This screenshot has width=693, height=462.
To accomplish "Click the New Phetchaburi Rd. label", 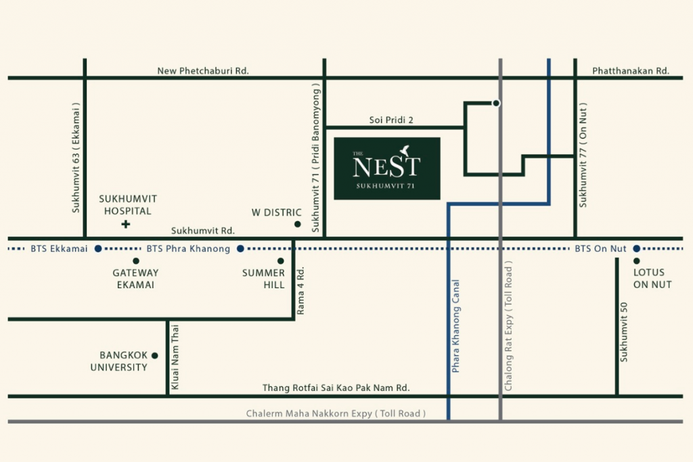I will pyautogui.click(x=204, y=70).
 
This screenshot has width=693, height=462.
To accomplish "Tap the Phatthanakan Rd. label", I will pyautogui.click(x=630, y=70).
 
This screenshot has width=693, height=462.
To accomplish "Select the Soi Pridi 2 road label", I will pyautogui.click(x=391, y=120).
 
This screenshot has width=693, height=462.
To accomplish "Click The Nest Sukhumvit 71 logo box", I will pyautogui.click(x=387, y=168).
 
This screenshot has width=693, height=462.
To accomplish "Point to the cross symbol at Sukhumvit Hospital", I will pyautogui.click(x=125, y=224).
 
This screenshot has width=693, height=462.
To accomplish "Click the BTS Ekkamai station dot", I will pyautogui.click(x=98, y=249).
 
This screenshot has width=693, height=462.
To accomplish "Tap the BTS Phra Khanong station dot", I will pyautogui.click(x=240, y=249).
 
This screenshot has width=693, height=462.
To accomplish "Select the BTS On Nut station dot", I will pyautogui.click(x=636, y=249).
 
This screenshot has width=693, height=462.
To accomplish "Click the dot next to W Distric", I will pyautogui.click(x=297, y=224).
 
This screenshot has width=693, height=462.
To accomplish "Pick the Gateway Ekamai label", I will pyautogui.click(x=135, y=279).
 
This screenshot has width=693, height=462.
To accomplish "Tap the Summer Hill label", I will pyautogui.click(x=265, y=279).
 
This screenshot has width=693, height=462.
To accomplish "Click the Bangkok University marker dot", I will pyautogui.click(x=155, y=355).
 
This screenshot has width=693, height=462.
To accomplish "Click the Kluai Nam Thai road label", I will pyautogui.click(x=175, y=356).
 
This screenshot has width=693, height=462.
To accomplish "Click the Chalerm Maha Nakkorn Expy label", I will pyautogui.click(x=336, y=413).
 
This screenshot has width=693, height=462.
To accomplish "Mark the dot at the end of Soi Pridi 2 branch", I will pyautogui.click(x=496, y=103).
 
